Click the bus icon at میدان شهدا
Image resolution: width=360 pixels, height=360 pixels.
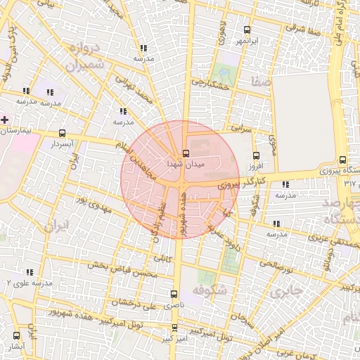[186, 153]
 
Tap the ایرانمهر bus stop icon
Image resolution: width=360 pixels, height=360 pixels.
[246, 30]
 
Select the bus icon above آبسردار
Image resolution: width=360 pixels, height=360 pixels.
[62, 133]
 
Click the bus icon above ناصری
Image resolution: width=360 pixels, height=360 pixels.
[174, 295]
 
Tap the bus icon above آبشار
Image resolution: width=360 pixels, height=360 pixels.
[16, 336]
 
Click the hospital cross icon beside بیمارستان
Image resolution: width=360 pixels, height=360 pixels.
[6, 120]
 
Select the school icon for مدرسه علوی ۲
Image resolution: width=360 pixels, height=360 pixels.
[30, 272]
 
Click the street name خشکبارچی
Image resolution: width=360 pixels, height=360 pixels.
[212, 84]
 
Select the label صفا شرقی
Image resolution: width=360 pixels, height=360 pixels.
[304, 28]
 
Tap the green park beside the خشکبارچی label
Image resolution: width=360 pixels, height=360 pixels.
[225, 72]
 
